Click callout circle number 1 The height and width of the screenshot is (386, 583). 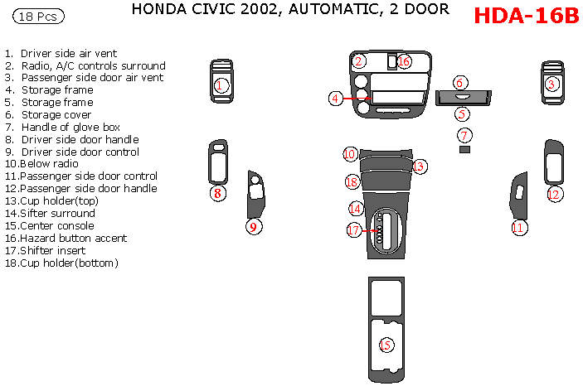[221, 84]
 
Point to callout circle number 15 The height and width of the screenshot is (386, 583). [386, 345]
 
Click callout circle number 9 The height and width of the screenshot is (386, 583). [255, 226]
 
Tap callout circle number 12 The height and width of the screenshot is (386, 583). [554, 195]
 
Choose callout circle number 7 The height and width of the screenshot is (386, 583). [464, 135]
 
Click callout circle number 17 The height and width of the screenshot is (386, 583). [354, 230]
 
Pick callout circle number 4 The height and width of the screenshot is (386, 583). [336, 99]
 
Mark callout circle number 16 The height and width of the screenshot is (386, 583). [404, 61]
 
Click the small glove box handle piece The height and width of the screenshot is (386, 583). [464, 150]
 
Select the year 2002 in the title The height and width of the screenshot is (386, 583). [255, 10]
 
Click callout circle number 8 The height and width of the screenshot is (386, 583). [217, 194]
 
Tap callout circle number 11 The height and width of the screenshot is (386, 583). [519, 227]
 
